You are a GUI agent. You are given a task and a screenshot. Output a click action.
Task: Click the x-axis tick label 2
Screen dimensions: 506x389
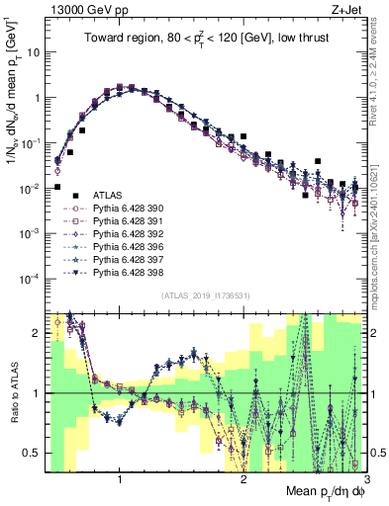243,481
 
